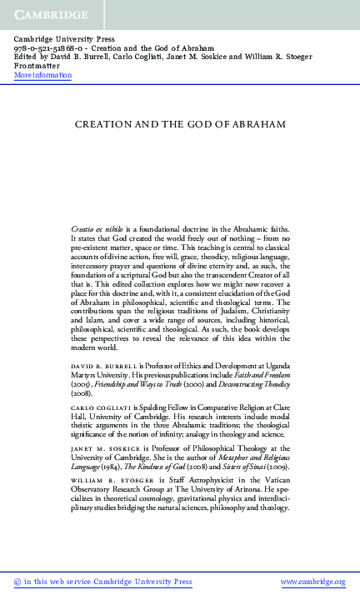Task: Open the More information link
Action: pyautogui.click(x=43, y=76)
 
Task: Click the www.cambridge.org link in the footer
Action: pyautogui.click(x=312, y=582)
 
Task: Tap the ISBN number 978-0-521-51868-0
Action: pyautogui.click(x=49, y=48)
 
